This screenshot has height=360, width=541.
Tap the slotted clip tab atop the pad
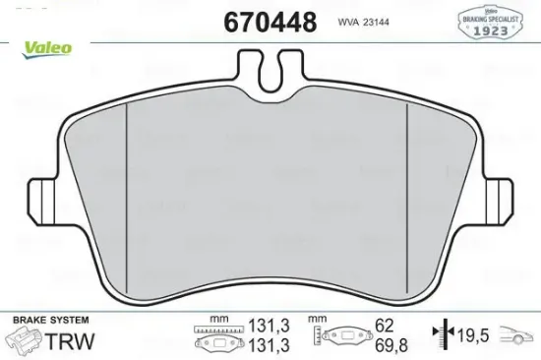tap(270, 73)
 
